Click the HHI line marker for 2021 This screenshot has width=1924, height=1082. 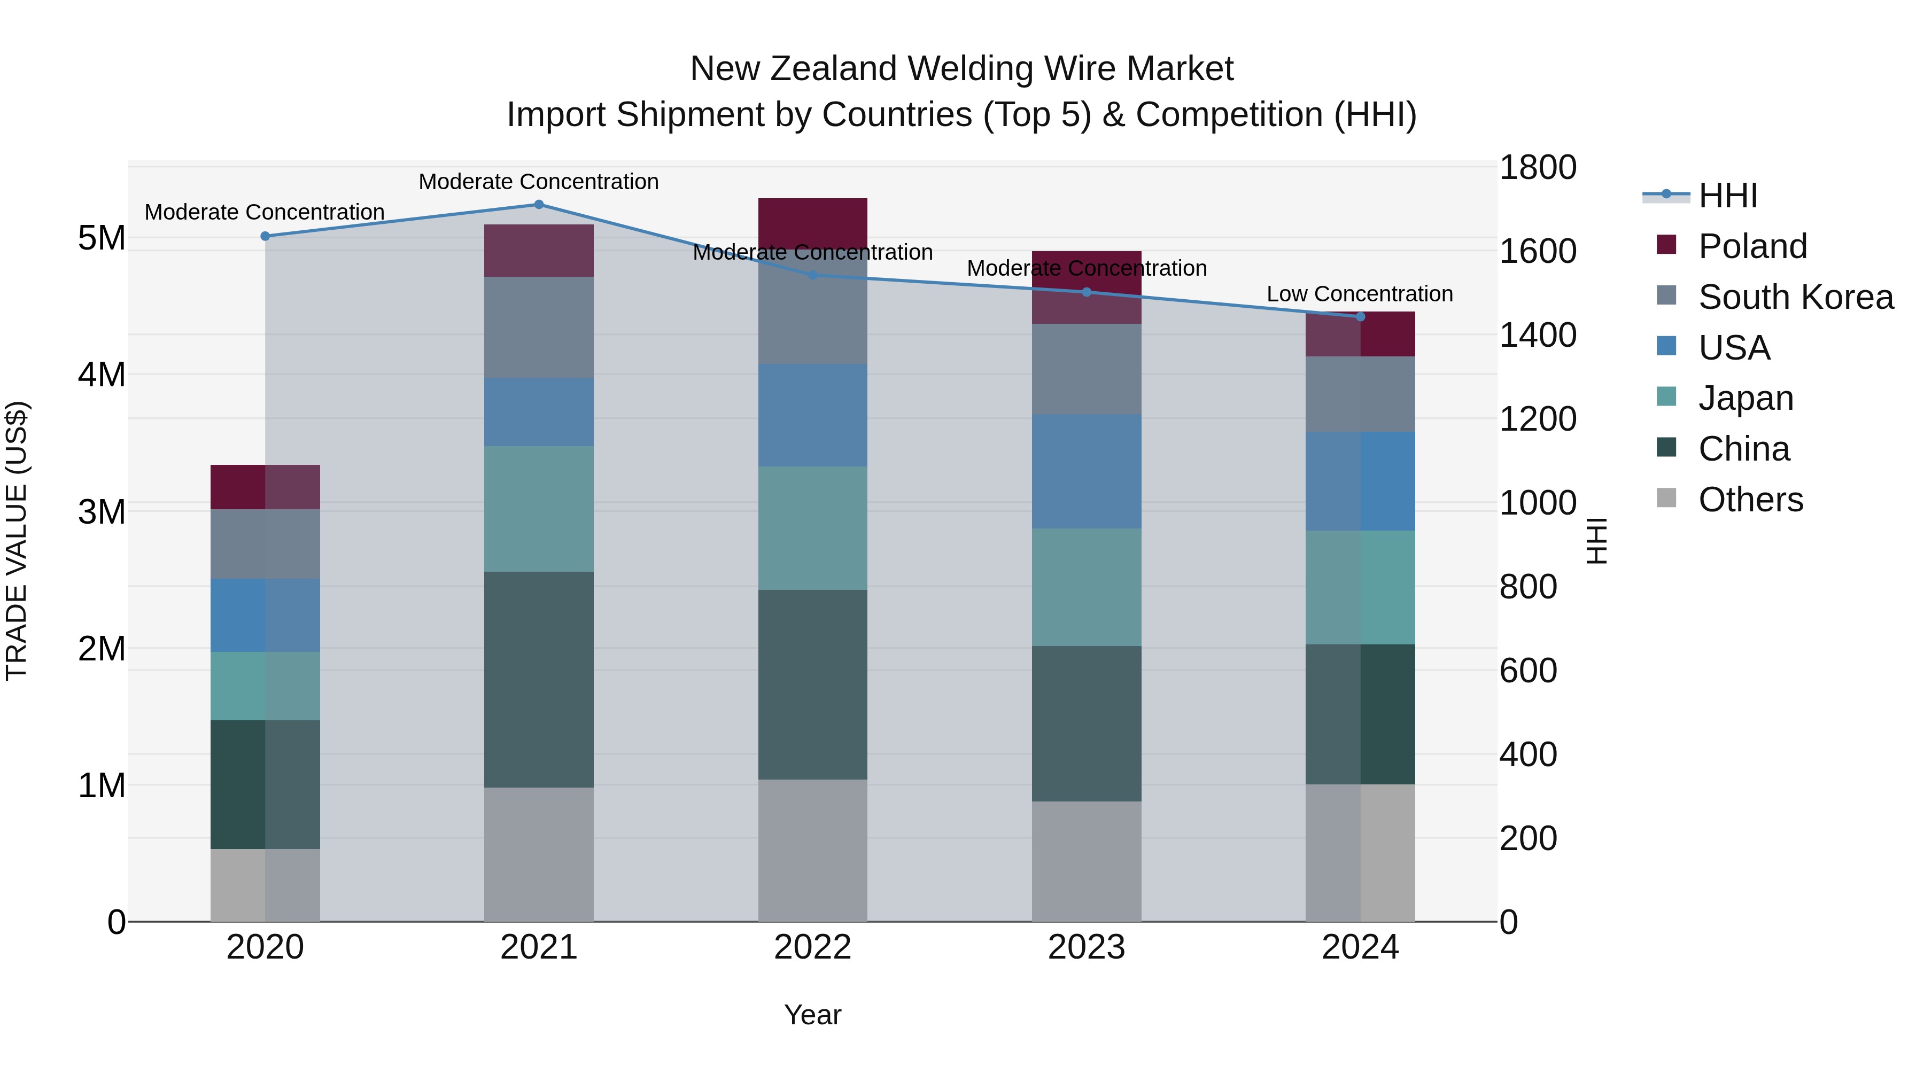coord(539,205)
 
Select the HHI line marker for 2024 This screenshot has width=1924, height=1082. coord(1360,317)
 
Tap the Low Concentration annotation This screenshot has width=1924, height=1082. coord(1359,294)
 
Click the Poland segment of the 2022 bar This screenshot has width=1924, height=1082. coord(812,222)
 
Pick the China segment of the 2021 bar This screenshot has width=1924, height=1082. coord(539,680)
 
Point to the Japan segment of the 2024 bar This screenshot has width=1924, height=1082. coord(1360,588)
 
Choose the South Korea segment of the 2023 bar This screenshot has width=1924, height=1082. coord(1086,369)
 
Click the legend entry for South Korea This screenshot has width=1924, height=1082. coord(1796,297)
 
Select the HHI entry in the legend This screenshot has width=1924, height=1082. coord(1727,196)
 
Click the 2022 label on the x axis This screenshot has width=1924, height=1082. coord(812,947)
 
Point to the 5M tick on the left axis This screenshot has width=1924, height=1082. coord(102,238)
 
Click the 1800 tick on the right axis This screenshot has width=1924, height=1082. coord(1538,167)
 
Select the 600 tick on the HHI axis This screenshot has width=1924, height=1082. coord(1528,671)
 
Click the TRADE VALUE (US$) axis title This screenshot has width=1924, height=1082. coord(17,541)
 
